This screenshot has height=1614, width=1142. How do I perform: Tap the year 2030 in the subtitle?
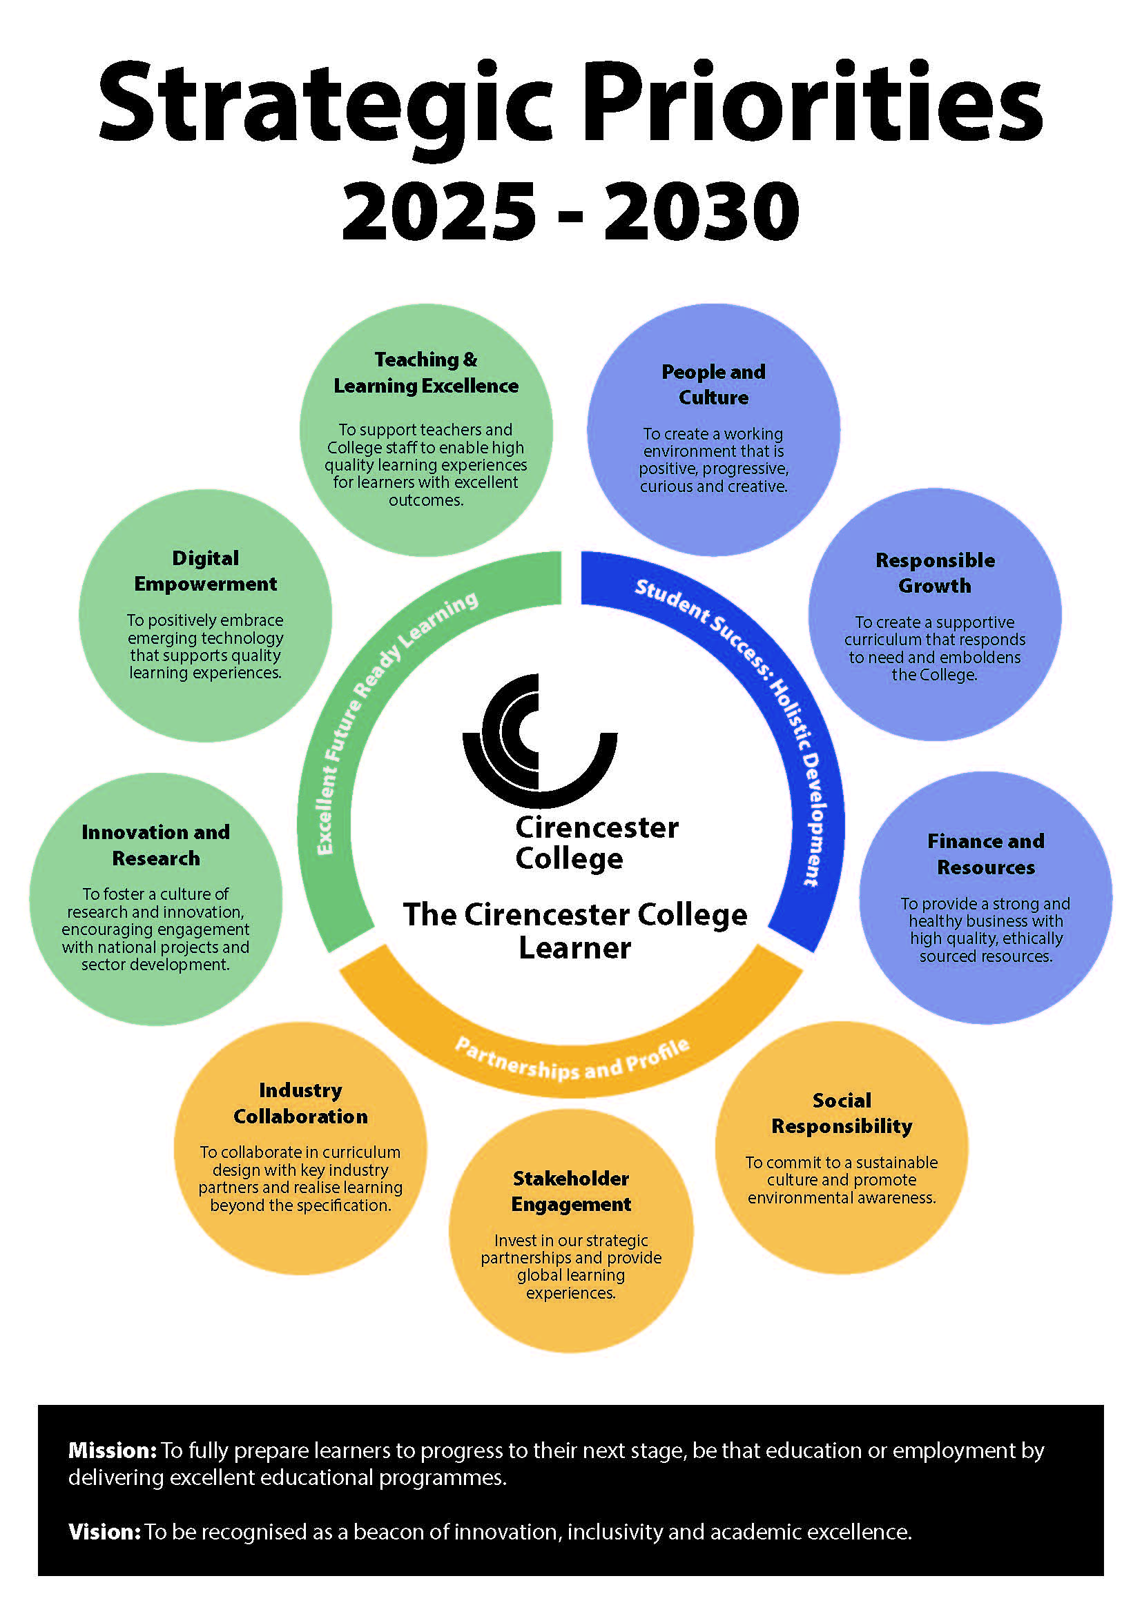point(701,211)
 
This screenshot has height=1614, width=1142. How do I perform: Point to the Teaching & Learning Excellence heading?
point(425,373)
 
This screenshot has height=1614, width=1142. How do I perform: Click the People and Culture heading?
point(713,384)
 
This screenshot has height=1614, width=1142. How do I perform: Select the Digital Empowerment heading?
point(205,571)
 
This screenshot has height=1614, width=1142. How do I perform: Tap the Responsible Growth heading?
point(935,573)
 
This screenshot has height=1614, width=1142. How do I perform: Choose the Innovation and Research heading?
point(155,845)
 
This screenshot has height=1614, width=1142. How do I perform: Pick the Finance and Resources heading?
point(985,854)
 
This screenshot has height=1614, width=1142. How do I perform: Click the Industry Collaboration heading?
point(300,1103)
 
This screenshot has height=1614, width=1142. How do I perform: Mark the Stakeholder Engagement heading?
point(571,1191)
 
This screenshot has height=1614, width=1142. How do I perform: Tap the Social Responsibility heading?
point(842,1113)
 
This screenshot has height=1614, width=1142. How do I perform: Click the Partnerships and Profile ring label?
point(571,1061)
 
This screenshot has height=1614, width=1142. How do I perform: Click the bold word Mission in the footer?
point(112,1450)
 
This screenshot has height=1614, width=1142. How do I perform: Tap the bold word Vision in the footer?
point(105,1532)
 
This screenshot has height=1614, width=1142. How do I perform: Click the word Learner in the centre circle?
point(574,947)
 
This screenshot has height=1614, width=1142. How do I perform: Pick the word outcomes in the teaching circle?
point(426,500)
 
